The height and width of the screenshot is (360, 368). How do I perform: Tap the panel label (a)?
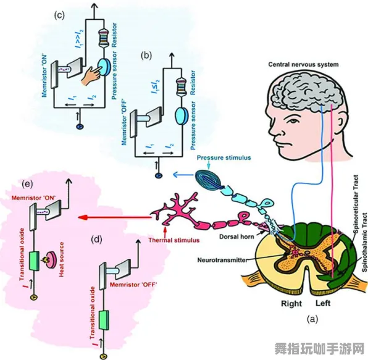[312, 319]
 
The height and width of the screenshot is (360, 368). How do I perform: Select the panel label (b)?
[146, 55]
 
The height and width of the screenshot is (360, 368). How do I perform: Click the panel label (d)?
[96, 238]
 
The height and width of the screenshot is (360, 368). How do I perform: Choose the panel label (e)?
[27, 184]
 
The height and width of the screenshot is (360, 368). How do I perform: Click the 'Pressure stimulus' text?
[224, 157]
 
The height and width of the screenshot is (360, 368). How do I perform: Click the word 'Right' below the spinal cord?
[291, 303]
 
